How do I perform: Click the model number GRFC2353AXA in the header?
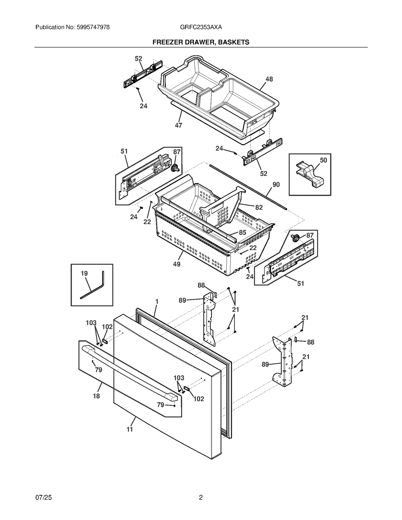pyautogui.click(x=201, y=27)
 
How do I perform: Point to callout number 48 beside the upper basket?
pyautogui.click(x=269, y=79)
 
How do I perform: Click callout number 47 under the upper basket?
pyautogui.click(x=178, y=125)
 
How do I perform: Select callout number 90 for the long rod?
pyautogui.click(x=276, y=185)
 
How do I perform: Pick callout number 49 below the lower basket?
pyautogui.click(x=177, y=264)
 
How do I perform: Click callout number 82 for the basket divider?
pyautogui.click(x=259, y=207)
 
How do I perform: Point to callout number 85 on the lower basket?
pyautogui.click(x=242, y=233)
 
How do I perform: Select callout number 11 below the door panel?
pyautogui.click(x=130, y=430)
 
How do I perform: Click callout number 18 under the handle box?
pyautogui.click(x=96, y=396)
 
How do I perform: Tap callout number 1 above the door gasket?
pyautogui.click(x=157, y=301)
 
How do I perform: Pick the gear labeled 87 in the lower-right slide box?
pyautogui.click(x=295, y=237)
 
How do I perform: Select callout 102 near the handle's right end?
pyautogui.click(x=199, y=399)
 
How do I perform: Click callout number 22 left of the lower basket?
pyautogui.click(x=147, y=222)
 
